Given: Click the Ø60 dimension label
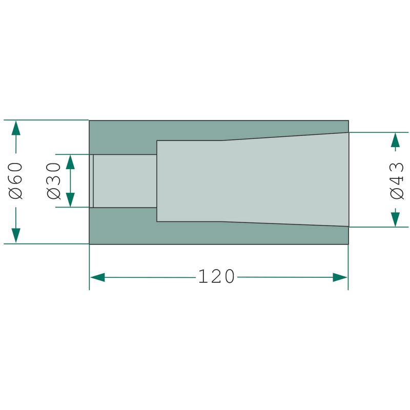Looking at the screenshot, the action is point(16,181).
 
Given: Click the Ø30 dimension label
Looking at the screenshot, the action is point(54,181).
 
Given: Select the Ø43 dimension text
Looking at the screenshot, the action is point(397,181).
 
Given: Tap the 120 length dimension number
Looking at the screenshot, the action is point(216,276).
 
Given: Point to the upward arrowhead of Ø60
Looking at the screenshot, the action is point(16,128).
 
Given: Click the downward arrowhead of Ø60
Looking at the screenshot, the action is point(16,236).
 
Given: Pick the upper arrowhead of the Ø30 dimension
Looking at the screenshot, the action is point(70,162).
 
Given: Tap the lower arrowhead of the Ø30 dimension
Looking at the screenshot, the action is point(70,200).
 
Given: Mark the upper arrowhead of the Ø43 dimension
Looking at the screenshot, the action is point(395,140).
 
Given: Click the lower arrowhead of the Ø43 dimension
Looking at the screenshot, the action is point(395,219).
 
